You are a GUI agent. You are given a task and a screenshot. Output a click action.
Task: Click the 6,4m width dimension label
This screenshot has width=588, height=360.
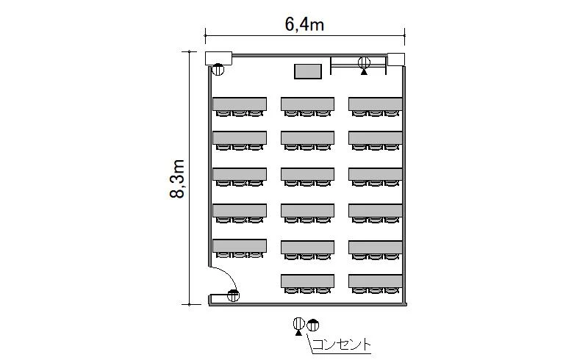coord(304,25)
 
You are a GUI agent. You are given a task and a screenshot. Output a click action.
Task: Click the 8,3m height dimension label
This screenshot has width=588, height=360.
coord(177,179)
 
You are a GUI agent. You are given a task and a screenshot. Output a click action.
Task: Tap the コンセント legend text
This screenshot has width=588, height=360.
coord(341,345)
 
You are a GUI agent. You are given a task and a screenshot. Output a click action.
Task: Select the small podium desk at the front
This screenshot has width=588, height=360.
coord(308,71)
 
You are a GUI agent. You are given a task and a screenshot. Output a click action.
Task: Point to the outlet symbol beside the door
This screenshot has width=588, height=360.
coord(233,296)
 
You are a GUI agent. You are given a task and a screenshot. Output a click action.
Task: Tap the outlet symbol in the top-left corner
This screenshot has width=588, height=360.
coord(218,69)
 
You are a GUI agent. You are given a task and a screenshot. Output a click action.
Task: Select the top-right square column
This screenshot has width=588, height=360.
coord(396,60)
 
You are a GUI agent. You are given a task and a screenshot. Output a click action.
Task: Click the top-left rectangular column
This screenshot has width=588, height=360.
coord(218,58)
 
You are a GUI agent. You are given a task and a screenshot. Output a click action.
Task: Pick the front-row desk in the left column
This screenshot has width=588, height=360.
coord(240,104)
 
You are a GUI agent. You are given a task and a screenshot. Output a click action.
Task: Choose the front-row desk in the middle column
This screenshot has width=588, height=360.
coord(307,104)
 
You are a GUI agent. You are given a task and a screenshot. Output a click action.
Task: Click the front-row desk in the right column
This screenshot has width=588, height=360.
coord(376,104)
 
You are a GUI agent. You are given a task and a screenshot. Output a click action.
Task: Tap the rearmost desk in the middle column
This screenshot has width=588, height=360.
coord(307,281)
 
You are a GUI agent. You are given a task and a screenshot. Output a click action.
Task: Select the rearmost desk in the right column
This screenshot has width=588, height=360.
coord(376,281)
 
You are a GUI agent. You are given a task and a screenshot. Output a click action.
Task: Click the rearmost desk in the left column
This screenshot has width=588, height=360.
coord(240,245)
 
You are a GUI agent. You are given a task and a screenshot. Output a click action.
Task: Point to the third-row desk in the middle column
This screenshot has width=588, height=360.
coord(307,174)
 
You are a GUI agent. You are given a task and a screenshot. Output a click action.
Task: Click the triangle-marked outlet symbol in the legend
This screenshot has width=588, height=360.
coord(299,325)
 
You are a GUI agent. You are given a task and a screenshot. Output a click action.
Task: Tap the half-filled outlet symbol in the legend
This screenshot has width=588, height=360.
coord(313,325)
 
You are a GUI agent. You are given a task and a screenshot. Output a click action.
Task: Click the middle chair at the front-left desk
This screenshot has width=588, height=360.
coord(240,113)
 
